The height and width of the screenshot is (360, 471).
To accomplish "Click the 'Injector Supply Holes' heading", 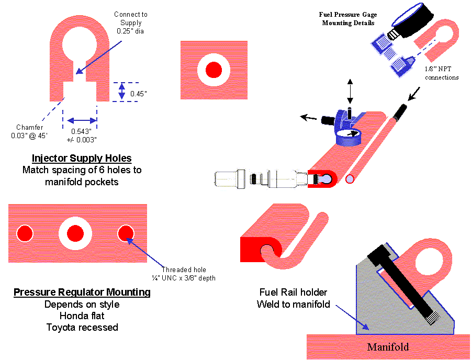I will coord(81,158).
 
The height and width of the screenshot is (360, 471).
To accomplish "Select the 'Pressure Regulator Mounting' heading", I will coord(82,292).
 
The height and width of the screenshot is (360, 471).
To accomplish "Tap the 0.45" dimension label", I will coord(139,94).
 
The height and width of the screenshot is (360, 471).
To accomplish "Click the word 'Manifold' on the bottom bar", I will coord(388,346).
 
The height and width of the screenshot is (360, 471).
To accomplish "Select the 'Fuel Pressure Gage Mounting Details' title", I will coord(348,19).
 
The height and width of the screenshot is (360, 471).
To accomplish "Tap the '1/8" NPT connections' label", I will coord(442,73).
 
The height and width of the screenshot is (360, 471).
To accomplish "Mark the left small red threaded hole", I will coord(24,233).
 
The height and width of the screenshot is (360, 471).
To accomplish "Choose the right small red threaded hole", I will coord(127,233).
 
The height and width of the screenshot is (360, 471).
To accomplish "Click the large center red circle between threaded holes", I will coord(75,233).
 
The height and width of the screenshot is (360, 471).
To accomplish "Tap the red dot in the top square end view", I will coord(214,70).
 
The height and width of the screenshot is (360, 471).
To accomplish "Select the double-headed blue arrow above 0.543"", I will coord(80,119).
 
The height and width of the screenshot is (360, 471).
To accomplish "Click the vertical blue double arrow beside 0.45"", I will coord(122,92).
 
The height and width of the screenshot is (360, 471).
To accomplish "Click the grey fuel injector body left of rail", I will coord(256,178).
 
